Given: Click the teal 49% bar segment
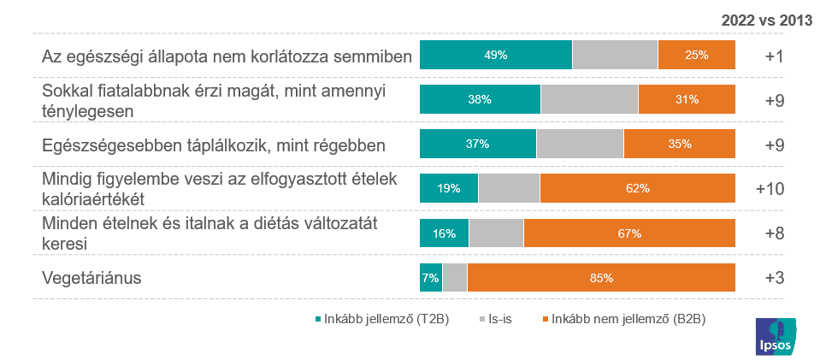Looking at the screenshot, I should pyautogui.click(x=495, y=55).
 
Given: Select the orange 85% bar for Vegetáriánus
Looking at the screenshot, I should pyautogui.click(x=601, y=277).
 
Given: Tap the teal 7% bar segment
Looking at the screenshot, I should pyautogui.click(x=430, y=277).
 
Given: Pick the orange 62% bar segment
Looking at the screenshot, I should pyautogui.click(x=637, y=188).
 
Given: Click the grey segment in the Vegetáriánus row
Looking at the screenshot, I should pyautogui.click(x=455, y=277).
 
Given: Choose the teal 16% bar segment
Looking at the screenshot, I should pyautogui.click(x=444, y=233).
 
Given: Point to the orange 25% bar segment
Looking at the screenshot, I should pyautogui.click(x=696, y=55).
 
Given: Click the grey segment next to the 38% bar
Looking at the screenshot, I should pyautogui.click(x=589, y=99).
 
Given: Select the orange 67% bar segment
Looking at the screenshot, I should pyautogui.click(x=629, y=233).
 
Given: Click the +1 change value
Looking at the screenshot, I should pyautogui.click(x=775, y=56).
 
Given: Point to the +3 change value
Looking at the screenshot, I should pyautogui.click(x=775, y=277).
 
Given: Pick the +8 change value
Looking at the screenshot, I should pyautogui.click(x=775, y=233).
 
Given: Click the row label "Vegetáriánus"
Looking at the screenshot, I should pyautogui.click(x=91, y=278).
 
